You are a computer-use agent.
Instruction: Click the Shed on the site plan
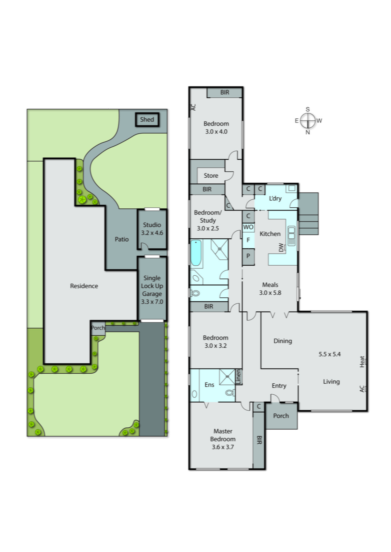(x=147, y=119)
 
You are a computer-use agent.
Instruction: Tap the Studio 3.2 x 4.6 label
(x=152, y=228)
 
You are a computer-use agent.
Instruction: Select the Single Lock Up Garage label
(x=152, y=289)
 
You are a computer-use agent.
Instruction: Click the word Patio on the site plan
(x=121, y=239)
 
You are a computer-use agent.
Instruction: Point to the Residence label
(x=84, y=286)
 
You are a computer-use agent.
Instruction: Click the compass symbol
(x=307, y=121)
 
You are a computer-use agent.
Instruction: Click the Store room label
(x=211, y=176)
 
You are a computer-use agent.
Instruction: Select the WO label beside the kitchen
(x=248, y=227)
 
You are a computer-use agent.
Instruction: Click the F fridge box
(x=248, y=240)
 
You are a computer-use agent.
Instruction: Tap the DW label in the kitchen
(x=281, y=247)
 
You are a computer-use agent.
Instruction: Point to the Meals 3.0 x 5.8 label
(x=270, y=288)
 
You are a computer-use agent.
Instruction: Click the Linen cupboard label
(x=238, y=377)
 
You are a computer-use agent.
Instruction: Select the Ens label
(x=209, y=385)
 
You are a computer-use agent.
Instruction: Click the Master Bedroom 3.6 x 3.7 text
(x=223, y=439)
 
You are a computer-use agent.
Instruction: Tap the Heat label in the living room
(x=362, y=362)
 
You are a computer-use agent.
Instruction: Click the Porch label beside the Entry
(x=281, y=416)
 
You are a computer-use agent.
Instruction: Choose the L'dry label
(x=275, y=198)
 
